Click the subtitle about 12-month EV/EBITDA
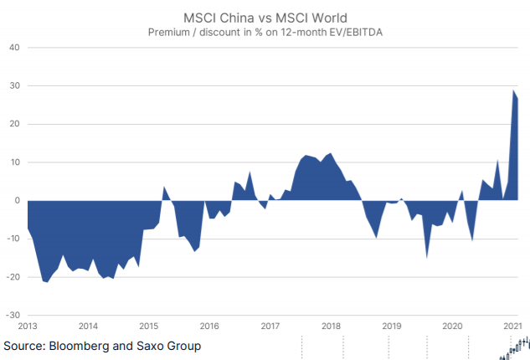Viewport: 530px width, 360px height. pyautogui.click(x=265, y=33)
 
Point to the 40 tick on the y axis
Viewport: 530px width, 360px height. pyautogui.click(x=13, y=48)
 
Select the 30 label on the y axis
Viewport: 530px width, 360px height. pyautogui.click(x=13, y=85)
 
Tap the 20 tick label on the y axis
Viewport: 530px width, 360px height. pyautogui.click(x=13, y=124)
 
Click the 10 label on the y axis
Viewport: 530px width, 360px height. pyautogui.click(x=13, y=162)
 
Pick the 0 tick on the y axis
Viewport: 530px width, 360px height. pyautogui.click(x=16, y=201)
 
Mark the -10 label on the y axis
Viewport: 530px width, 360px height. pyautogui.click(x=12, y=239)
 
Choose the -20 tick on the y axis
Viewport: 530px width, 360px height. pyautogui.click(x=12, y=277)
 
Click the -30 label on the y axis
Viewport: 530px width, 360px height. pyautogui.click(x=12, y=316)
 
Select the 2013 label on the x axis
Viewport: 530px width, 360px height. pyautogui.click(x=28, y=327)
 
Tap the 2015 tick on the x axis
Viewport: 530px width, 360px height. pyautogui.click(x=148, y=327)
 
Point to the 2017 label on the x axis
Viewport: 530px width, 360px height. pyautogui.click(x=270, y=327)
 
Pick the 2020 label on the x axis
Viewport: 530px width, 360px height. pyautogui.click(x=452, y=327)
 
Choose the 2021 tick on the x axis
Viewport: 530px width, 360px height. pyautogui.click(x=512, y=327)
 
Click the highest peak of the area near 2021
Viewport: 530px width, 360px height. pyautogui.click(x=513, y=90)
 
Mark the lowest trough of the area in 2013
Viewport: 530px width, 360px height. pyautogui.click(x=47, y=282)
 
